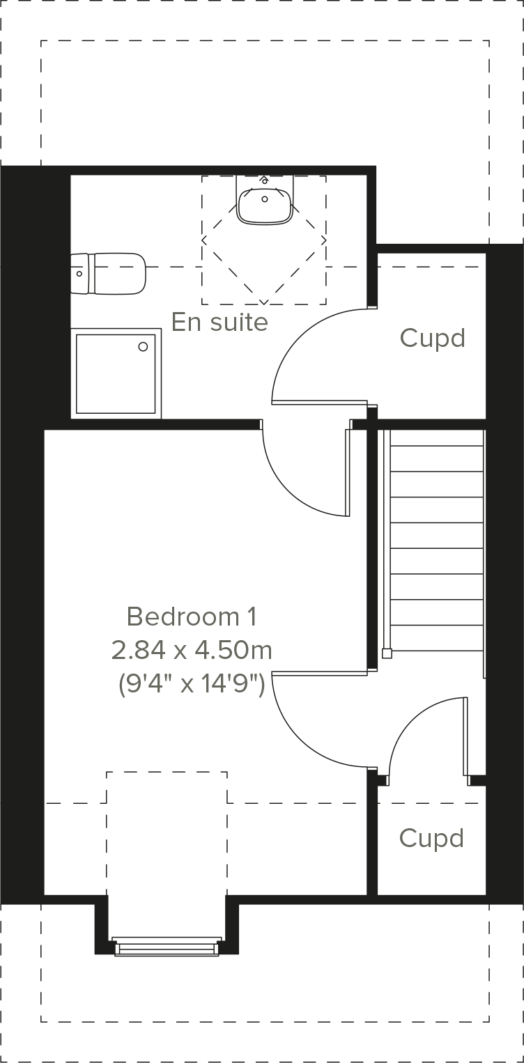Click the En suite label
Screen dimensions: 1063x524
(x=219, y=322)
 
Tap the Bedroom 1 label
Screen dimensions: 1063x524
(x=192, y=616)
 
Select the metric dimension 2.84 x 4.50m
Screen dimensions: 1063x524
(x=192, y=651)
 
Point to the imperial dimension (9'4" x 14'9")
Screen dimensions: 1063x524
(x=192, y=685)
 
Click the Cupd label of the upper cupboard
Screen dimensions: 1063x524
(x=432, y=339)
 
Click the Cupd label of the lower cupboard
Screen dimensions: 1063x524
(x=431, y=838)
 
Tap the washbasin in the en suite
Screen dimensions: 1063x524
(x=265, y=204)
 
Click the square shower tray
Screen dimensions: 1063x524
(x=116, y=373)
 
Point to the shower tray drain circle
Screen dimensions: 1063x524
(x=144, y=346)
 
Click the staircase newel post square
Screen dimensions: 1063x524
(x=387, y=653)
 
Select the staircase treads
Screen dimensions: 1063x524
(x=436, y=540)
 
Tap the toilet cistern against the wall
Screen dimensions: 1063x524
(x=81, y=274)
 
